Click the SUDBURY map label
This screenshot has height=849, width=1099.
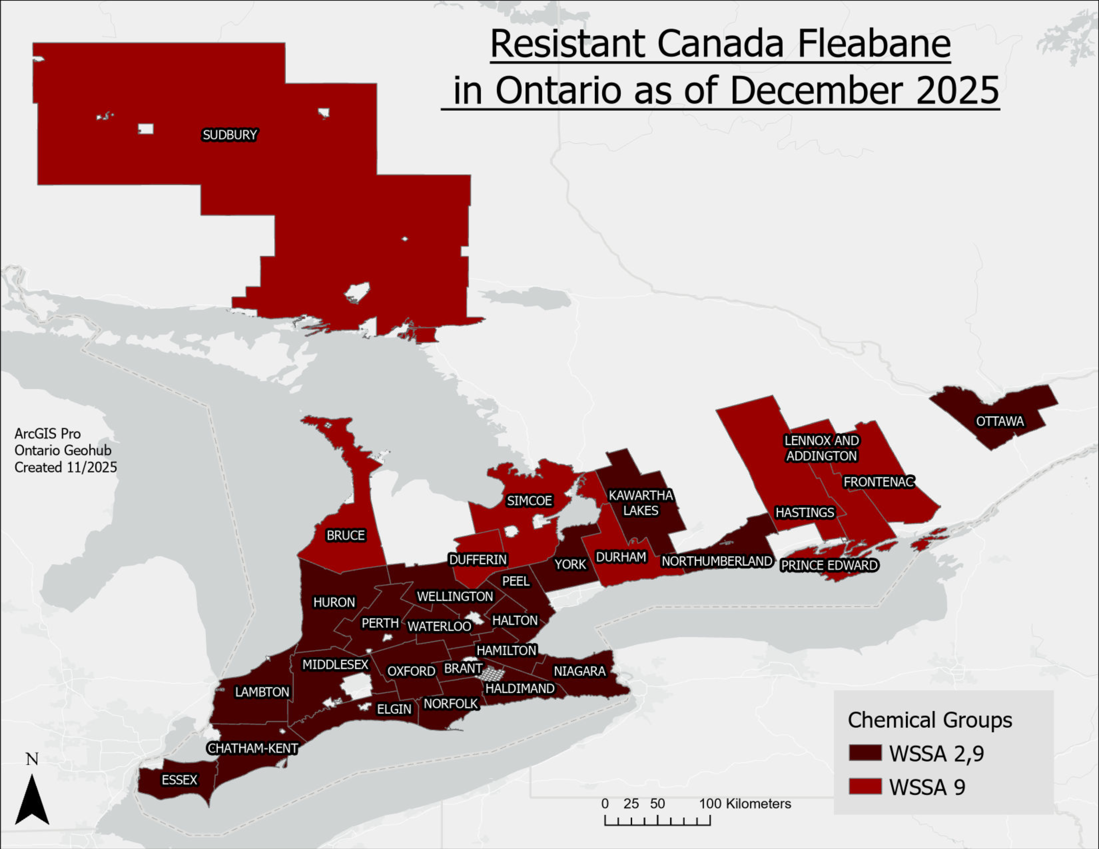tap(229, 135)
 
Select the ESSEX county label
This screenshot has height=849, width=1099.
tap(179, 780)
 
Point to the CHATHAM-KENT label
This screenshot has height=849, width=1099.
tap(253, 748)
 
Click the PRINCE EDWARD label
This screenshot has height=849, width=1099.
tap(829, 565)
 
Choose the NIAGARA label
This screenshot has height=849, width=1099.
tap(580, 671)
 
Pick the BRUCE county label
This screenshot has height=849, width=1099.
tap(345, 535)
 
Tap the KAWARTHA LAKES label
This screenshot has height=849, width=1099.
tap(641, 503)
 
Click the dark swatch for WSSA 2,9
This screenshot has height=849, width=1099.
tap(865, 753)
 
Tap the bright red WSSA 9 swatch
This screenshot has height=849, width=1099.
tap(865, 786)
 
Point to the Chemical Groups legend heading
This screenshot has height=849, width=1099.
tap(929, 720)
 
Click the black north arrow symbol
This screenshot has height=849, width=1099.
tap(32, 800)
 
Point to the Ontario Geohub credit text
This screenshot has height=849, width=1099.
tap(63, 450)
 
